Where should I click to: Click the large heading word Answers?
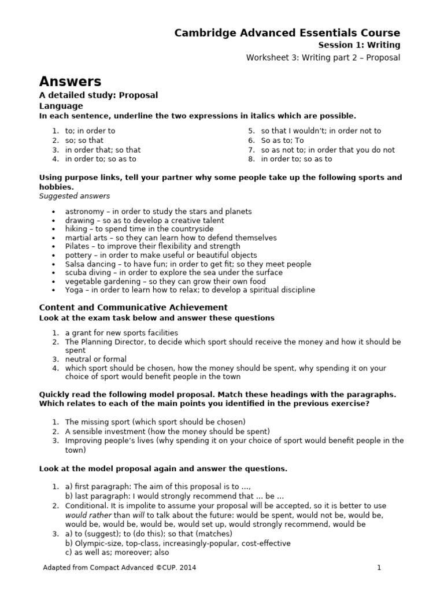click(x=70, y=82)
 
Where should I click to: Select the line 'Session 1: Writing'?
click(x=359, y=45)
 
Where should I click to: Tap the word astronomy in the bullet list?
click(x=85, y=212)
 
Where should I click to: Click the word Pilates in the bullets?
click(x=77, y=246)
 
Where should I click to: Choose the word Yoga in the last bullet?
click(x=75, y=290)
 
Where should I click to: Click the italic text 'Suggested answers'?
click(x=74, y=196)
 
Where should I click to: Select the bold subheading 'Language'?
click(x=61, y=106)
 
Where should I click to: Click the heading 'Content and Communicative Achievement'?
click(x=133, y=307)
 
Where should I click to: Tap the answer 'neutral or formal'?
click(x=95, y=359)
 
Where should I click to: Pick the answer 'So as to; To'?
click(x=282, y=140)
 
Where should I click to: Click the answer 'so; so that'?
click(x=84, y=140)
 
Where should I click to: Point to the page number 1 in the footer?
click(x=379, y=568)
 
